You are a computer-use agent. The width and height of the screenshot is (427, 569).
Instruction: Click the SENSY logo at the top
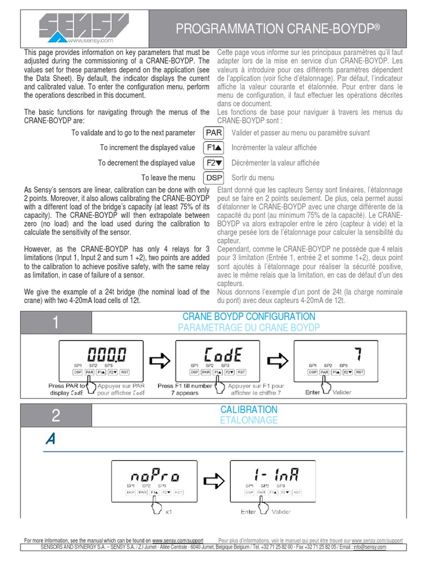pyautogui.click(x=80, y=28)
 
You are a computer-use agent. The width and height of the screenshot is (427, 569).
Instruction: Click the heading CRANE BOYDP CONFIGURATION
pyautogui.click(x=249, y=317)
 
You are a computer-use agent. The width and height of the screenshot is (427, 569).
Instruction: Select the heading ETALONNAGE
pyautogui.click(x=249, y=420)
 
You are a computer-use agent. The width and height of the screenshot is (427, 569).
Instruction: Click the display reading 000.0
pyautogui.click(x=106, y=353)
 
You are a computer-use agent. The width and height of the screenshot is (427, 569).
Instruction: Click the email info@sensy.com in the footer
pyautogui.click(x=370, y=547)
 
